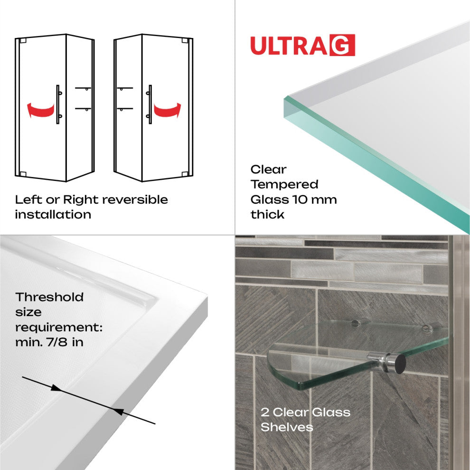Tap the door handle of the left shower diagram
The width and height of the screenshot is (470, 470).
pos(58,104)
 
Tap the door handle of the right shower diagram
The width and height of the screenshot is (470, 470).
pos(150,104)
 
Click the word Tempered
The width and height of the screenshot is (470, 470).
pos(284,184)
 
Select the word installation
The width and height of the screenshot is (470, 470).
pos(53,214)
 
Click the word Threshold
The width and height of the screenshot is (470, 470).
pos(49,297)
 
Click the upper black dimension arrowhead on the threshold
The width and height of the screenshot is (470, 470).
pos(56,388)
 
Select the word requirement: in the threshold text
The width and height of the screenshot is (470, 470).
pos(59,328)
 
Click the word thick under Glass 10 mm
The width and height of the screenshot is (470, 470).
pos(268,214)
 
